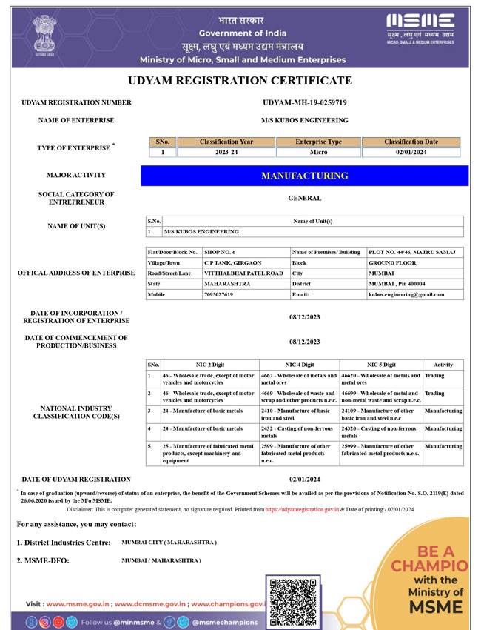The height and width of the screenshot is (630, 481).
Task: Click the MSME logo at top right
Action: click(420, 29)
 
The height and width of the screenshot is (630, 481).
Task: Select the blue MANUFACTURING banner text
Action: click(304, 176)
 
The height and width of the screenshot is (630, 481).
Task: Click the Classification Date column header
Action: click(411, 142)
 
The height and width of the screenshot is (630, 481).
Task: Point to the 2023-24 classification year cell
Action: click(226, 153)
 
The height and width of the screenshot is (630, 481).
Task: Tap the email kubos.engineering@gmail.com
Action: click(406, 294)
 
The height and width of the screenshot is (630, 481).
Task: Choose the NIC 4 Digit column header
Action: click(299, 365)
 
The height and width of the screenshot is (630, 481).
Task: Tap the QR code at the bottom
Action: click(293, 600)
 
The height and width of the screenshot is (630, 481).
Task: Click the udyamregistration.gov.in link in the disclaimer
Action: click(302, 509)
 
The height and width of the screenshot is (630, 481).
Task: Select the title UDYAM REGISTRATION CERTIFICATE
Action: click(240, 81)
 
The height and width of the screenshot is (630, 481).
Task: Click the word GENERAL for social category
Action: click(304, 199)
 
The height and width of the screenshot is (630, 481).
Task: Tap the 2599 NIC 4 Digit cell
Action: click(296, 453)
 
